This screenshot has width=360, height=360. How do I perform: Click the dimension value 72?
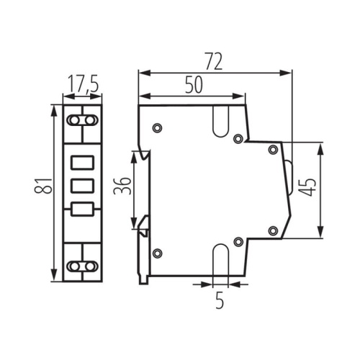point(212,62)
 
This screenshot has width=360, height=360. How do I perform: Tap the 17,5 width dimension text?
point(84,86)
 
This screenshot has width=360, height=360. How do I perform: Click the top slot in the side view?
point(220,118)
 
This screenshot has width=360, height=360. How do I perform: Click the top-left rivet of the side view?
point(158,128)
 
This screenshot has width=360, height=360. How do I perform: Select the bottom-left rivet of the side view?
point(158,252)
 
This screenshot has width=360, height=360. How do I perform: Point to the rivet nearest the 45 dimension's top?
point(272,150)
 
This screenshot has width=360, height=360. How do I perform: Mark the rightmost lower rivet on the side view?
point(272,230)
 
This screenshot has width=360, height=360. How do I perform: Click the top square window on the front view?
point(84,162)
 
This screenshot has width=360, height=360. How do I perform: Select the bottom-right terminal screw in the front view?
point(92,266)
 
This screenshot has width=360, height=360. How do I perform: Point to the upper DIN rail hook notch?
point(145,155)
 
